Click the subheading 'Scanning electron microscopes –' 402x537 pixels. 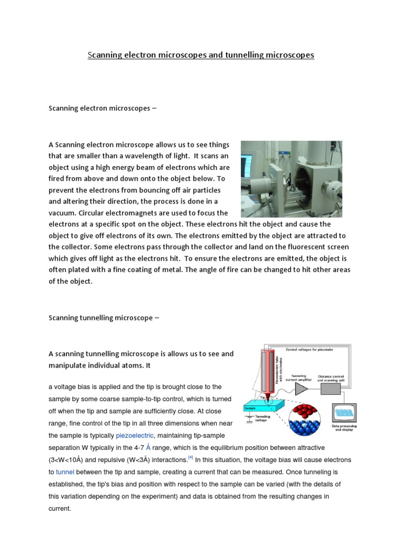click(103, 109)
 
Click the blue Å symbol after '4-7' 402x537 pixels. click(148, 447)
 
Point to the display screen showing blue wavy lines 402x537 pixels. click(344, 413)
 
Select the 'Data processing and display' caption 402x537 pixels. click(344, 428)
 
